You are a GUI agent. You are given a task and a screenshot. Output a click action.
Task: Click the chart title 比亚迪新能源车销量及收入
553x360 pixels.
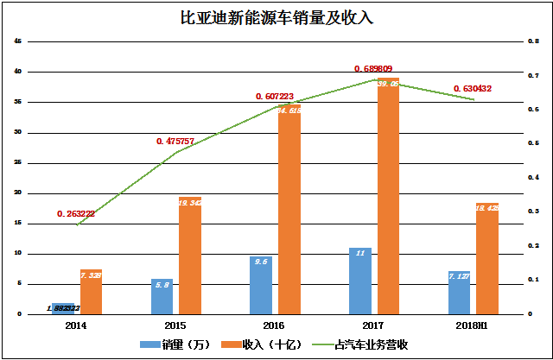coord(276,17)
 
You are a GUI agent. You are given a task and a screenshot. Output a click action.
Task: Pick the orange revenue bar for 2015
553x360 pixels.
coord(190,255)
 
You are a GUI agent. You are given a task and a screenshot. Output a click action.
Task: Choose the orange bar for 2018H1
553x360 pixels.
coord(487,258)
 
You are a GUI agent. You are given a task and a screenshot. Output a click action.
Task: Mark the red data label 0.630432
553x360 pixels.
coord(474,88)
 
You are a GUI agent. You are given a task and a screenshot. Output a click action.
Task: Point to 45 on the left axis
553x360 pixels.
coord(18,41)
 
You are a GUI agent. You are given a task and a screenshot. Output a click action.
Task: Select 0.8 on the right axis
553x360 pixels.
coord(534,41)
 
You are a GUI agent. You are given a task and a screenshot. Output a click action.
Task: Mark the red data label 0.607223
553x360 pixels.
coord(276,97)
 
